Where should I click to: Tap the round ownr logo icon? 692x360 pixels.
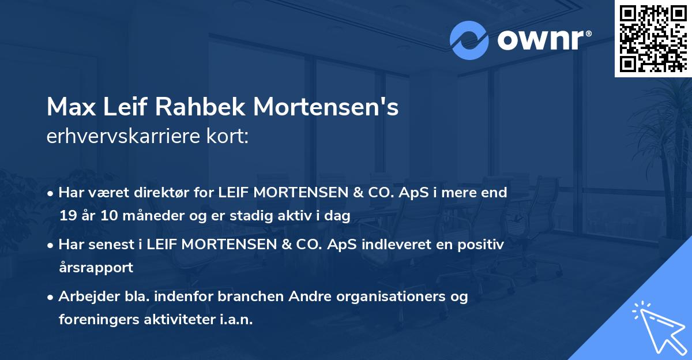point(469,40)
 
